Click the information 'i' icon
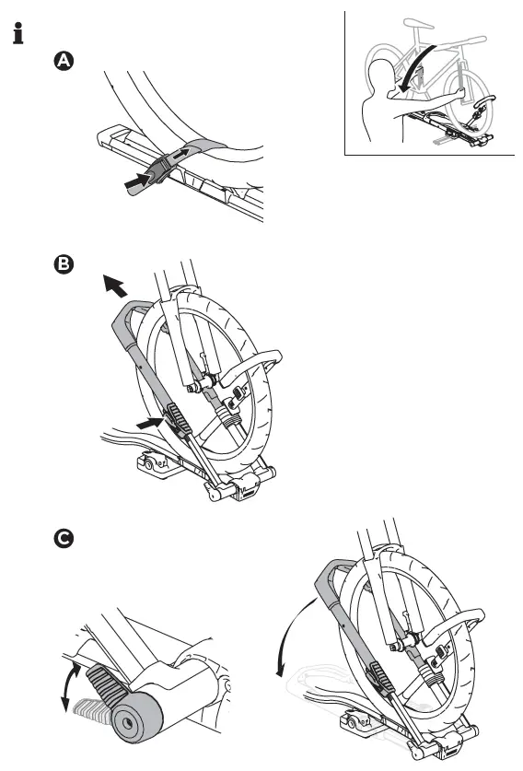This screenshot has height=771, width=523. (16, 36)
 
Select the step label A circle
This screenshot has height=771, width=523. (62, 61)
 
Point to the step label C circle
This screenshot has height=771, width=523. (62, 539)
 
